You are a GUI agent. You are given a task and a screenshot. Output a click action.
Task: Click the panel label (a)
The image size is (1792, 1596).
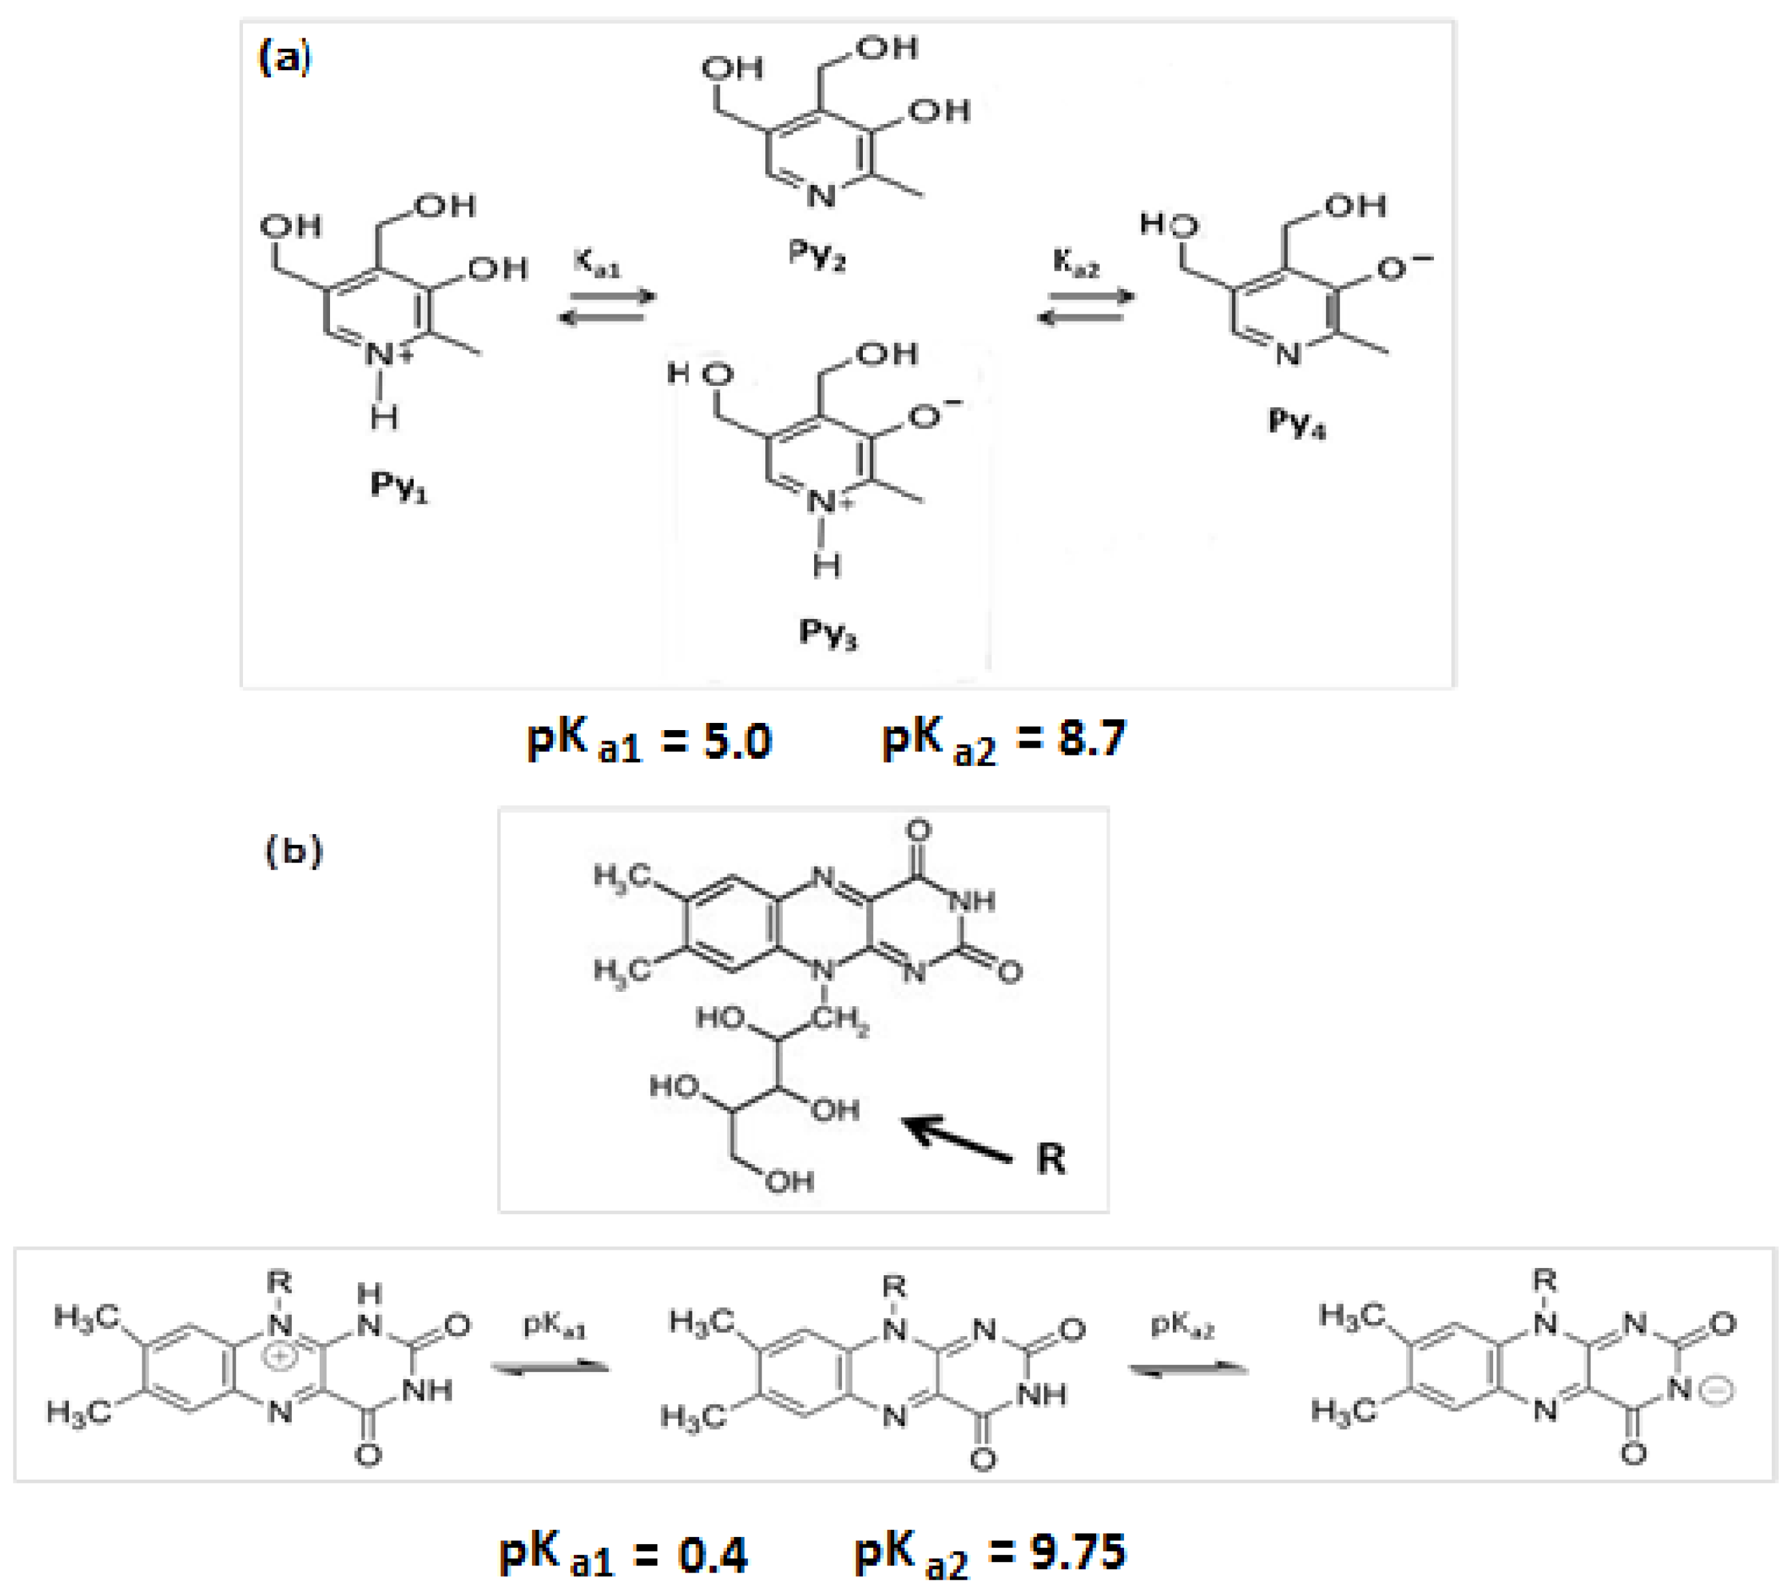(x=284, y=60)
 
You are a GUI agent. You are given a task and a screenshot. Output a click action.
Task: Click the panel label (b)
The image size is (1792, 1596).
(x=294, y=851)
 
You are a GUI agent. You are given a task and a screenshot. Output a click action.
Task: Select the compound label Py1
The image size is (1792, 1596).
(x=399, y=485)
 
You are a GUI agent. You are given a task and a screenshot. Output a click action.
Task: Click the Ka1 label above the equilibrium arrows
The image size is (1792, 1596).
(x=597, y=262)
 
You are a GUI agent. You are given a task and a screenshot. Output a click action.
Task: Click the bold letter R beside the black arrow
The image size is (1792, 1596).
(x=1051, y=1158)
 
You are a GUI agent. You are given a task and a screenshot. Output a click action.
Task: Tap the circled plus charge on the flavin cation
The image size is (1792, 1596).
(x=280, y=1356)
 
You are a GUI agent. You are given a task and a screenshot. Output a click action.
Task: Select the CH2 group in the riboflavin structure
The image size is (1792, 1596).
(x=839, y=1020)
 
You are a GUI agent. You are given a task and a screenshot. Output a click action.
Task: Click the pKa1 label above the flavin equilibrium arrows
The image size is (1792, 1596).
(x=554, y=1325)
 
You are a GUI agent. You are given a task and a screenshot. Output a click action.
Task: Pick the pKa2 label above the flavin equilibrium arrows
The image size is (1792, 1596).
(x=1181, y=1325)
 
